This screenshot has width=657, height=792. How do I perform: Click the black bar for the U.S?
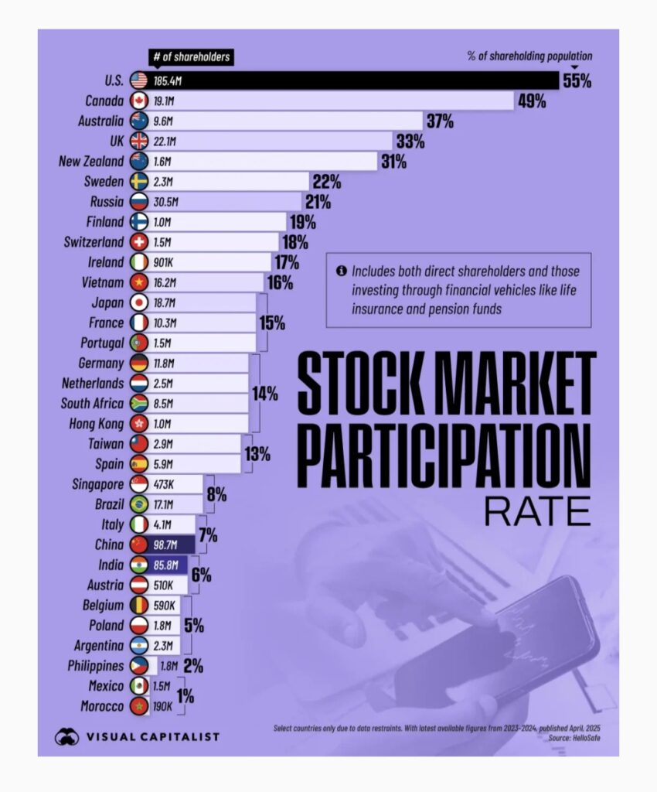click(348, 80)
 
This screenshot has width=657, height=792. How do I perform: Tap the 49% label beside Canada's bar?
click(532, 101)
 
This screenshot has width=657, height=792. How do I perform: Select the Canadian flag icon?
click(139, 101)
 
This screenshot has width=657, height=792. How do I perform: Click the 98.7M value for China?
click(165, 544)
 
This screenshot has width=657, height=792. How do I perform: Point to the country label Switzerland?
click(94, 241)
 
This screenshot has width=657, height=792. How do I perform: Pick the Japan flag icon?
click(139, 302)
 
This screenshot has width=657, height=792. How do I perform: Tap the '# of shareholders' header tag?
click(189, 57)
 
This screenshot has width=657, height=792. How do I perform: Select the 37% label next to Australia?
click(439, 121)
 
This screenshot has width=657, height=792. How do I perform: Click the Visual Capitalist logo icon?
click(66, 736)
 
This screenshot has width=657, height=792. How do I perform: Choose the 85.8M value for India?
click(165, 565)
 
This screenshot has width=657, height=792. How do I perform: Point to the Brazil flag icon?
click(139, 504)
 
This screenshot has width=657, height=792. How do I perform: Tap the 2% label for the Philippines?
click(193, 666)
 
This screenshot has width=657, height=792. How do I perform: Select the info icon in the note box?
click(341, 271)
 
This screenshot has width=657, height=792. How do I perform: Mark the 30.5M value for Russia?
click(165, 201)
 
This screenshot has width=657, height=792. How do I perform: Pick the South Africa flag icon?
click(139, 403)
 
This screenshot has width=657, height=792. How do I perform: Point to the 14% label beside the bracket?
click(265, 393)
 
